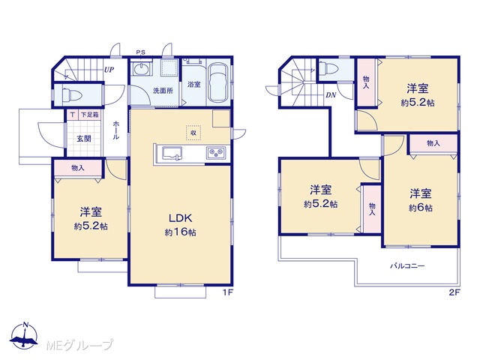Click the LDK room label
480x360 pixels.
click(x=181, y=218)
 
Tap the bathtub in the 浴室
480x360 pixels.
click(x=218, y=82)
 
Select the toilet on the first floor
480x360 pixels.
click(x=72, y=95)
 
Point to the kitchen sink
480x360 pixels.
click(x=172, y=153)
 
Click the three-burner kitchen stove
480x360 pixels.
click(x=216, y=152)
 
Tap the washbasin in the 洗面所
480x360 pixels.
click(x=141, y=68)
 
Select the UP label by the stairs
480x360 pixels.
click(x=109, y=70)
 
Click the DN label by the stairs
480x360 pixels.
click(x=331, y=95)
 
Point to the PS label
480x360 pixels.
click(x=141, y=52)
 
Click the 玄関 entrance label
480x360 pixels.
click(x=84, y=139)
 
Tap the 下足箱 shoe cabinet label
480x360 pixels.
click(x=90, y=115)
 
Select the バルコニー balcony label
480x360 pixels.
click(x=407, y=265)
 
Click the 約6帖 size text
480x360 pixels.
click(x=421, y=208)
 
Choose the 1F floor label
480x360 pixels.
click(x=228, y=292)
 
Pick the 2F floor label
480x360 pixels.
click(x=454, y=292)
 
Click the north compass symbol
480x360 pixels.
click(x=24, y=335)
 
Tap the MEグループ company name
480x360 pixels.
click(x=79, y=345)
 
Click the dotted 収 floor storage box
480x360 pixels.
click(x=193, y=133)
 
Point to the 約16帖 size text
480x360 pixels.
click(x=181, y=232)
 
